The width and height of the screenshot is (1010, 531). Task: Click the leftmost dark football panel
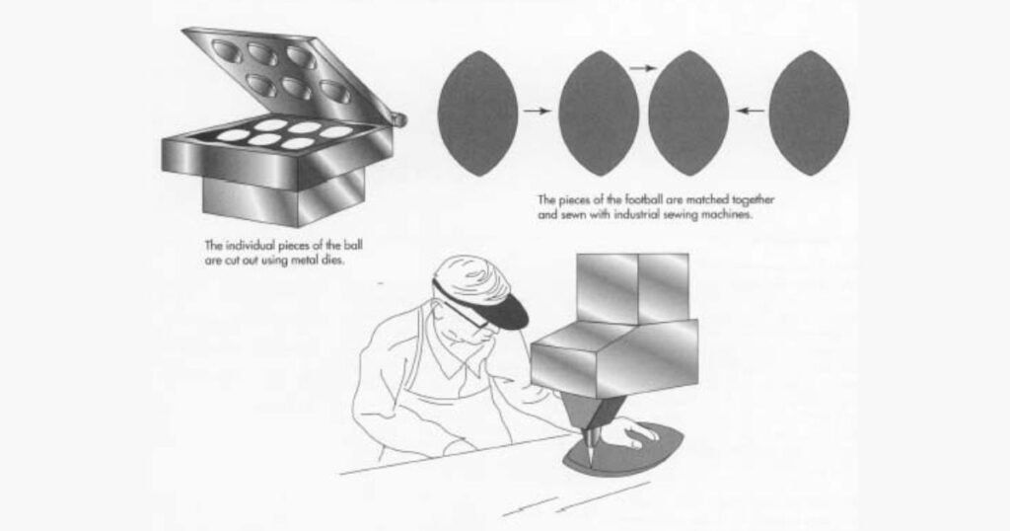478,113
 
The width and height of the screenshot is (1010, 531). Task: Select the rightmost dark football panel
809,113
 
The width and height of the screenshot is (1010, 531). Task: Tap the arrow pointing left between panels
750,111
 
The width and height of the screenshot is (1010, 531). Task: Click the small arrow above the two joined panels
643,68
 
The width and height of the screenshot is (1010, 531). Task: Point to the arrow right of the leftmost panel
538,111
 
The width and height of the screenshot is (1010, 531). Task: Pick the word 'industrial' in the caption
638,215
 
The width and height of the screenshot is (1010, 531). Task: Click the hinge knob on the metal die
400,119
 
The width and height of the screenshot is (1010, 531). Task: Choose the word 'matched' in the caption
708,199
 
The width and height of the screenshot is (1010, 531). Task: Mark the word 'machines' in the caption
729,215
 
